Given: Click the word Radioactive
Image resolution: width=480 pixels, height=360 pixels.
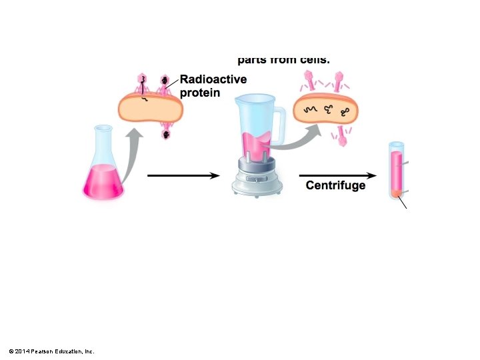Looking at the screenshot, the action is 213,79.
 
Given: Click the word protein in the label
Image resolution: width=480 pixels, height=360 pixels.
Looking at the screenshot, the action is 199,93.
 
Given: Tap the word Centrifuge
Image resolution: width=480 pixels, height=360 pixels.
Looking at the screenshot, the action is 335,185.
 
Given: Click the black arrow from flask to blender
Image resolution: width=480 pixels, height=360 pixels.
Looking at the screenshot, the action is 183,175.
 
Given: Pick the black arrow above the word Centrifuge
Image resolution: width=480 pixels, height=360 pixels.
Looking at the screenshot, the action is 337,175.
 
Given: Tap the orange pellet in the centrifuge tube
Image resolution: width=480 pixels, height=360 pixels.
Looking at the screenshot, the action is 396,193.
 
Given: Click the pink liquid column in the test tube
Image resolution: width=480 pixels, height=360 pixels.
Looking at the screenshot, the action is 396,170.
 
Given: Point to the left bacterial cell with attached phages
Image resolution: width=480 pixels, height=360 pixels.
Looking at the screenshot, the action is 150,107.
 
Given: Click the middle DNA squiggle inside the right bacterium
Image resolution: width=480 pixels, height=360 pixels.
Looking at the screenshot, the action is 327,110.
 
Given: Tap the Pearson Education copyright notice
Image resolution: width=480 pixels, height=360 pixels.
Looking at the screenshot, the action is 51,351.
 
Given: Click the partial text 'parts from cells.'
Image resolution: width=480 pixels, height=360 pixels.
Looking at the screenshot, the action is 283,59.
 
